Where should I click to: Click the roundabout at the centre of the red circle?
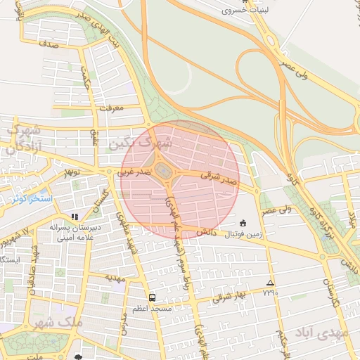[165, 171]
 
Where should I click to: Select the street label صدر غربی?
[134, 170]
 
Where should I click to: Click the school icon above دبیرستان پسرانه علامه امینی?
[75, 217]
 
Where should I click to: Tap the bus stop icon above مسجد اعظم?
[151, 297]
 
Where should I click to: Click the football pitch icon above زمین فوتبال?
[243, 223]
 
